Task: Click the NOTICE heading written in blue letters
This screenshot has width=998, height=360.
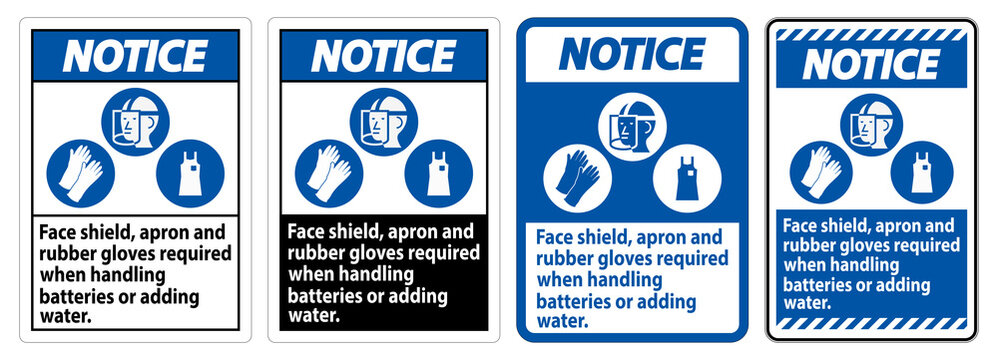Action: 630,52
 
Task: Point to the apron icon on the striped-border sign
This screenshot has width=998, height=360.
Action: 917,170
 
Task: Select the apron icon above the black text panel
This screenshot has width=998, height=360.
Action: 438,170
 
